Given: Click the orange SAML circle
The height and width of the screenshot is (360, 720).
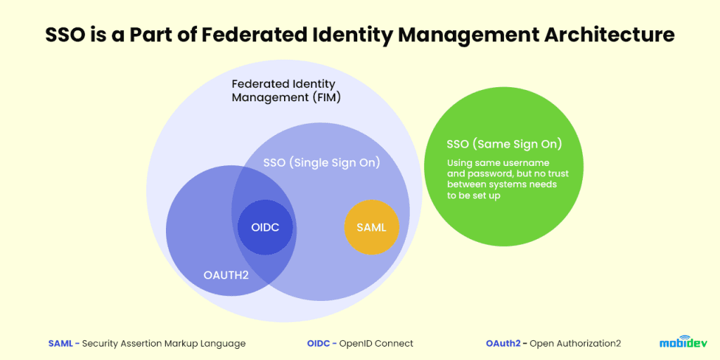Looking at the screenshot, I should (371, 227).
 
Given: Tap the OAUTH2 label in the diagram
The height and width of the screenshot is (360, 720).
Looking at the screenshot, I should (226, 275).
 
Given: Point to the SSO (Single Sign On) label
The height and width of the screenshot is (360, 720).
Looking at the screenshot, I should (321, 162).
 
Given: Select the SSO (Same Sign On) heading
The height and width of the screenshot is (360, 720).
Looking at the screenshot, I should (503, 144).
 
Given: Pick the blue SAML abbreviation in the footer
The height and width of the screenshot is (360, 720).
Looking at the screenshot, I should (60, 344).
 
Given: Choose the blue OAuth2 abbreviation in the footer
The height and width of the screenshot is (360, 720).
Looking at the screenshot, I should (503, 344).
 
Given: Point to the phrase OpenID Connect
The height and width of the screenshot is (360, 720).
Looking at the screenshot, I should (376, 344).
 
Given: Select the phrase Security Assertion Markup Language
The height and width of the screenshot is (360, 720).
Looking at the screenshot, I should (164, 344).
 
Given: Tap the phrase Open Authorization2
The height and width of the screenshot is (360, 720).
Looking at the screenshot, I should (575, 344).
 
